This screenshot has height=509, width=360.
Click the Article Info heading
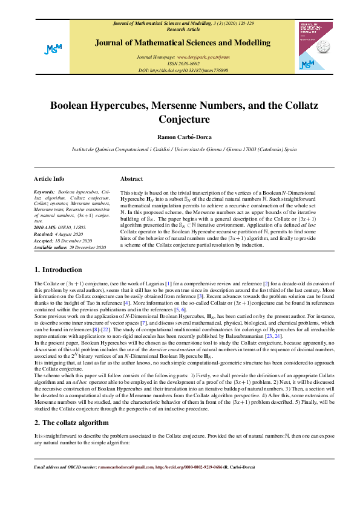[49, 179]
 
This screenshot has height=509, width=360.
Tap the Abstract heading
[131, 179]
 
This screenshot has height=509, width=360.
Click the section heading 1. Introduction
[58, 269]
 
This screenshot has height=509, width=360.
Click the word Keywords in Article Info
[44, 191]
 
